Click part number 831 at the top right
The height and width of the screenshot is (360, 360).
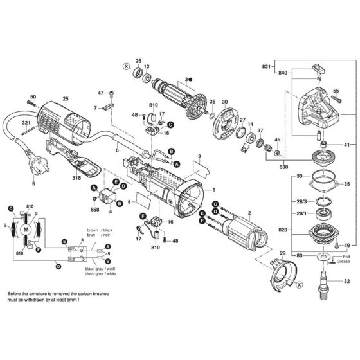tap(265, 67)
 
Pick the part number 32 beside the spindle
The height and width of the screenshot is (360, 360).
tap(347, 281)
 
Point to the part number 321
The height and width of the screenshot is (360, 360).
tap(26, 122)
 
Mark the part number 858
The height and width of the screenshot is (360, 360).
tap(95, 210)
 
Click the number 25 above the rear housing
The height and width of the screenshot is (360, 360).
tap(65, 99)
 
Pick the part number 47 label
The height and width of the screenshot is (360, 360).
tap(101, 94)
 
